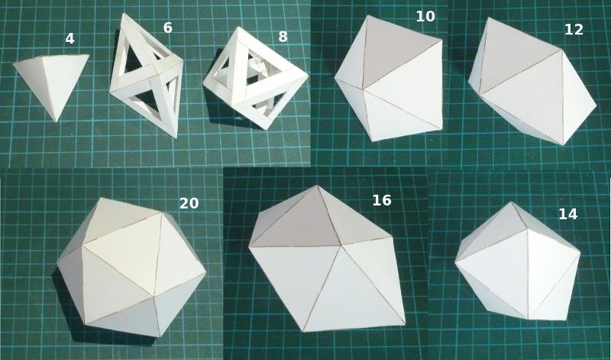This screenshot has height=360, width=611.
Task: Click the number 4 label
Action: point(70,39)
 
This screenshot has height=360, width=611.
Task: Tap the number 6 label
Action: point(167,28)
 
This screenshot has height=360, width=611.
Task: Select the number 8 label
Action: point(283,37)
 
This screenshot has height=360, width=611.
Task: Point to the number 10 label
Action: point(425,16)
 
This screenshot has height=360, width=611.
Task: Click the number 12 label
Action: point(574,30)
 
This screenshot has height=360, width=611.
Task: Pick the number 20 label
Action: point(189,203)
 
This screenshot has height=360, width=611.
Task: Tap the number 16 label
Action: point(381,200)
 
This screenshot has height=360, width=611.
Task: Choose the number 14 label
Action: point(567,214)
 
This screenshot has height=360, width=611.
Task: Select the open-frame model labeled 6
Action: point(146,76)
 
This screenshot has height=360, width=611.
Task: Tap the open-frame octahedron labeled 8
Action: point(255,78)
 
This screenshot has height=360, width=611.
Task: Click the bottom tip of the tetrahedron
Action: point(57,122)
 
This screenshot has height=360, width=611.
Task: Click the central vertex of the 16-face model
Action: point(341,245)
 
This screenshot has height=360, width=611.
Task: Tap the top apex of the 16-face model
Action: point(317,186)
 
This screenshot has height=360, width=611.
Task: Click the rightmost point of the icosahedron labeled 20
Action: point(205,273)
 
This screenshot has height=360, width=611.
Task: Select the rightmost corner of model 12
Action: point(596,105)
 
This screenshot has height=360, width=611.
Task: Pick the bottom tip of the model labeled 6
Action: point(176,137)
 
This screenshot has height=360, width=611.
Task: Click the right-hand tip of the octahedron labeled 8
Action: point(308,75)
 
